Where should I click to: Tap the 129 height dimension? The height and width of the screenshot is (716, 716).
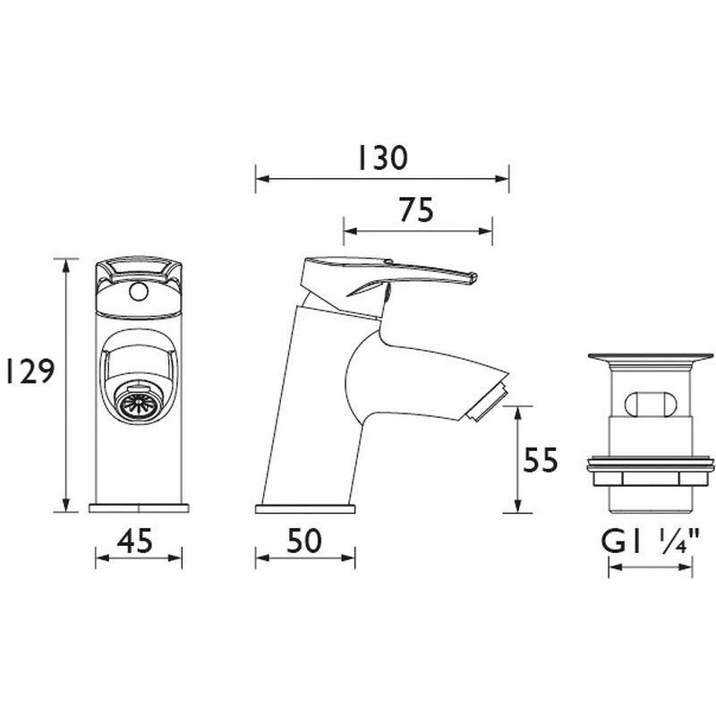(28, 371)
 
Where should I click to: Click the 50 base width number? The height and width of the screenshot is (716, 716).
(304, 540)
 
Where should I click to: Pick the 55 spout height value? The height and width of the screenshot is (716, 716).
(540, 460)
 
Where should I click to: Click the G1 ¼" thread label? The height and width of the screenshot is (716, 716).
(651, 541)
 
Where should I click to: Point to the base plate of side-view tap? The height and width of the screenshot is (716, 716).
(304, 509)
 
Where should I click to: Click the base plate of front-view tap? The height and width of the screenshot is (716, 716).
(139, 508)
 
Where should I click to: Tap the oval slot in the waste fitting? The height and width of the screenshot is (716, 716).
(651, 404)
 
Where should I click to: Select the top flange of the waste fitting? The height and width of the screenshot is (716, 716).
(651, 359)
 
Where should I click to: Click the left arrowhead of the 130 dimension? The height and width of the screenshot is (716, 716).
(260, 179)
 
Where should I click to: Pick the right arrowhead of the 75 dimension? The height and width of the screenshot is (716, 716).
(488, 231)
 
